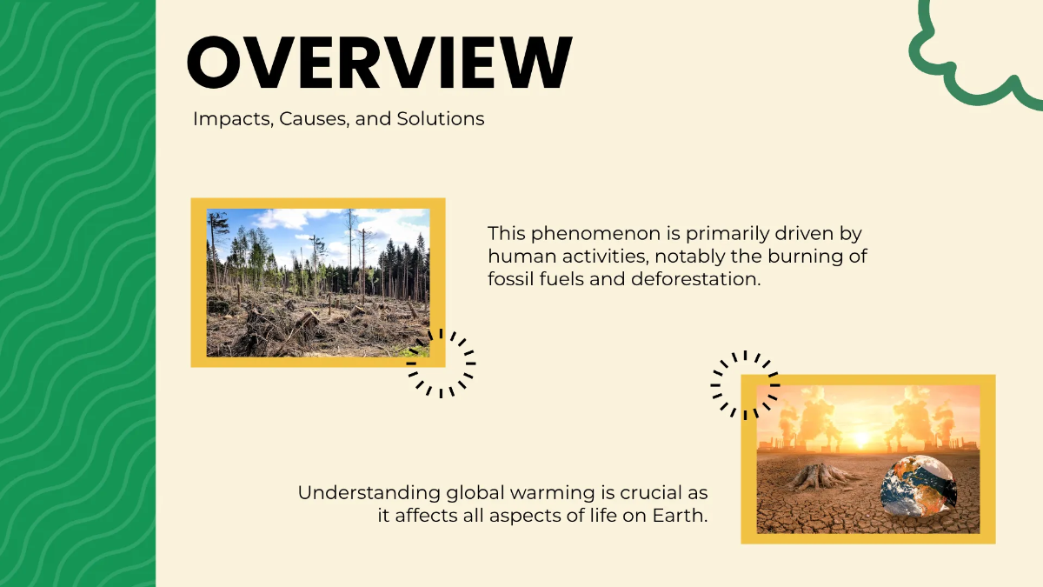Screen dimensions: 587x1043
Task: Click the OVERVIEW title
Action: (x=379, y=63)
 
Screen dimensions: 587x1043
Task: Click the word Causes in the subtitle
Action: (x=315, y=119)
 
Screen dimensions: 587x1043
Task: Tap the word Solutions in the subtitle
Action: (x=441, y=119)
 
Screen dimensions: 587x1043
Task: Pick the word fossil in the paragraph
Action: (x=509, y=280)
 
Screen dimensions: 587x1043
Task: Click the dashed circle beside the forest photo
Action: (x=442, y=363)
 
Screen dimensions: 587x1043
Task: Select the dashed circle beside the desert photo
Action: (x=745, y=385)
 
